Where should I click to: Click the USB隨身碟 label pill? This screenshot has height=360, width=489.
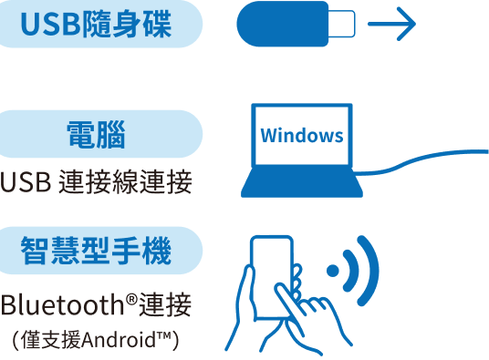tap(99, 24)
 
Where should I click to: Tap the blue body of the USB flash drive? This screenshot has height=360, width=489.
tap(282, 24)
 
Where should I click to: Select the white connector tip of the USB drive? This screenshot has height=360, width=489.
tap(342, 24)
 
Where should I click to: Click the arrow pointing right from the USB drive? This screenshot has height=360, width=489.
tap(391, 24)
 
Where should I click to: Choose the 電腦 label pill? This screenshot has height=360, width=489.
tap(99, 134)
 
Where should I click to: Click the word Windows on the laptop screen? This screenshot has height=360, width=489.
tap(302, 136)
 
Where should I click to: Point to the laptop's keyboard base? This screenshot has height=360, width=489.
tap(302, 182)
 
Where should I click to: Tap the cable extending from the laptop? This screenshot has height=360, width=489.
tap(421, 159)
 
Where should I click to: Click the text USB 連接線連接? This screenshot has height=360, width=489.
tap(96, 181)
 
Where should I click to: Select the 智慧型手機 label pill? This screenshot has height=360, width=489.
tap(99, 251)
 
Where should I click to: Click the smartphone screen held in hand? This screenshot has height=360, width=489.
tap(272, 274)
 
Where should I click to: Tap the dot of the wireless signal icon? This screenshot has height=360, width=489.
tap(333, 271)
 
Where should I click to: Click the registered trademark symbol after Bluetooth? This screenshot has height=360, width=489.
tap(132, 299)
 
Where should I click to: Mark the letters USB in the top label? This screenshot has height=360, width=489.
tap(51, 24)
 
